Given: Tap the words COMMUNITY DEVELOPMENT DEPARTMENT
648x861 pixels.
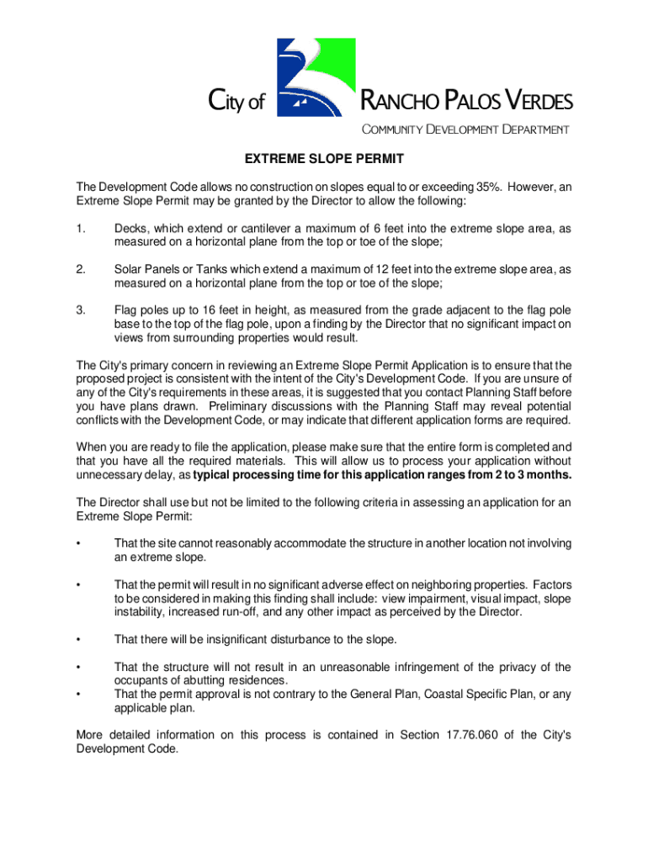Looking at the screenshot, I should point(465,129).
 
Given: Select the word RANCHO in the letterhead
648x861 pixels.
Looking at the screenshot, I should point(401,103).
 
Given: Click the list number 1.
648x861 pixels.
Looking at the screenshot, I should point(81,229).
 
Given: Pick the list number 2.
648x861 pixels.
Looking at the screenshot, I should point(81,269).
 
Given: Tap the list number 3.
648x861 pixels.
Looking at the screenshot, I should point(81,310).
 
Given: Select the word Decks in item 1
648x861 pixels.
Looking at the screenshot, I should point(130,229).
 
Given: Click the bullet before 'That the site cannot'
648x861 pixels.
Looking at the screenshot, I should point(78,544).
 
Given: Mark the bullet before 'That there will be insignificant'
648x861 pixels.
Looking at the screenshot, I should point(78,640).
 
